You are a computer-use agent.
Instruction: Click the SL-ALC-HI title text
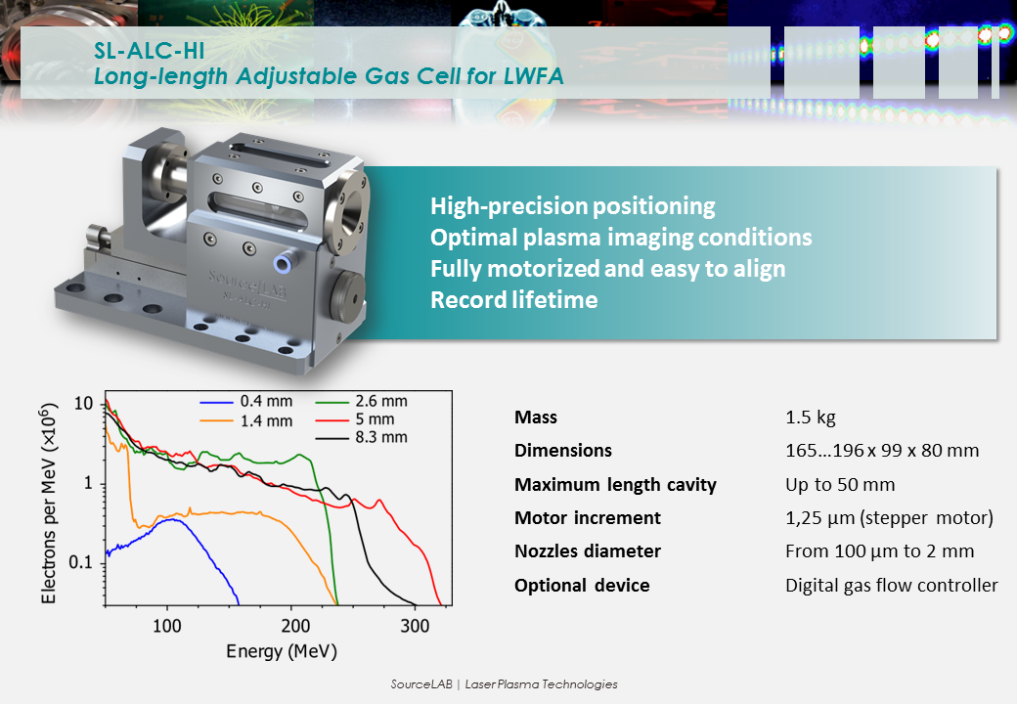[x=150, y=51]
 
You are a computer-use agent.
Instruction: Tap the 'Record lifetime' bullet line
[x=514, y=300]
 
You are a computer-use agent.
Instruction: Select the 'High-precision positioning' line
[x=573, y=206]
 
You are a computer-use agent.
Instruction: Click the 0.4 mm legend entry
[x=246, y=401]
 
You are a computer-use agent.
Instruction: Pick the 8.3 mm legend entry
[x=361, y=438]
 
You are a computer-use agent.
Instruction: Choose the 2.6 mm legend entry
[x=361, y=401]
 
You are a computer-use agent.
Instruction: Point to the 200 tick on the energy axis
[x=295, y=626]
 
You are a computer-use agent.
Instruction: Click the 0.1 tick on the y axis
[x=81, y=562]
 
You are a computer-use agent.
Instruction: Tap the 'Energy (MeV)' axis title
[x=282, y=651]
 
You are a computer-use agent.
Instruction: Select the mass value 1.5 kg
[x=810, y=417]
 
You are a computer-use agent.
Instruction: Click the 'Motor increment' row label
[x=588, y=518]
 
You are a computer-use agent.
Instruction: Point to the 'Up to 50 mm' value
[x=840, y=485]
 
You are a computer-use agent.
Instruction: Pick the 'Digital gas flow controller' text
[x=891, y=586]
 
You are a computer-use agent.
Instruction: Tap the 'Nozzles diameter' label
[x=588, y=551]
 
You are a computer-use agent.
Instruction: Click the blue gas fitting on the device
[x=283, y=263]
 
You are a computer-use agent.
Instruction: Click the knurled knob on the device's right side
[x=348, y=296]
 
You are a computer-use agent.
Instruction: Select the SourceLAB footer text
[x=504, y=683]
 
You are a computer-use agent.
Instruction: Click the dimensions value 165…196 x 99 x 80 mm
[x=882, y=451]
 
